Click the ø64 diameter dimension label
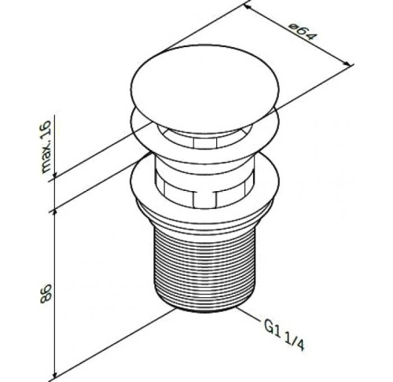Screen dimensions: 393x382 point(302,32)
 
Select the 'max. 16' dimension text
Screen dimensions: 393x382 point(46,146)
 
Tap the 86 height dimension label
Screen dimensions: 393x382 point(46,294)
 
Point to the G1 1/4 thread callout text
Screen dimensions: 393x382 point(285,335)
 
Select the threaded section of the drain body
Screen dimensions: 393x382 point(204,266)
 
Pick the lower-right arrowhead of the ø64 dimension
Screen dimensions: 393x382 point(347,64)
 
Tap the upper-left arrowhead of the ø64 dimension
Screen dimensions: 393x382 point(248,7)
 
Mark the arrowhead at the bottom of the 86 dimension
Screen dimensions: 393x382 point(55,375)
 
